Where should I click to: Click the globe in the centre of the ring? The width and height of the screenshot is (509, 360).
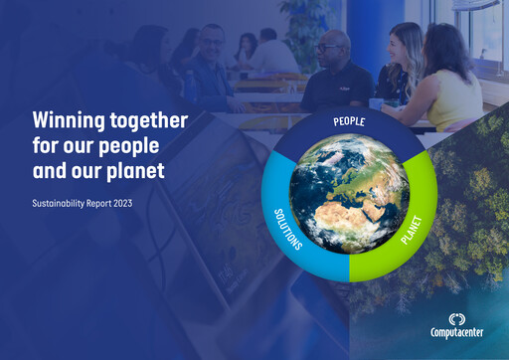coord(349,193)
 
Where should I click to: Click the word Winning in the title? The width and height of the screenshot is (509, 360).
coord(67,120)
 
